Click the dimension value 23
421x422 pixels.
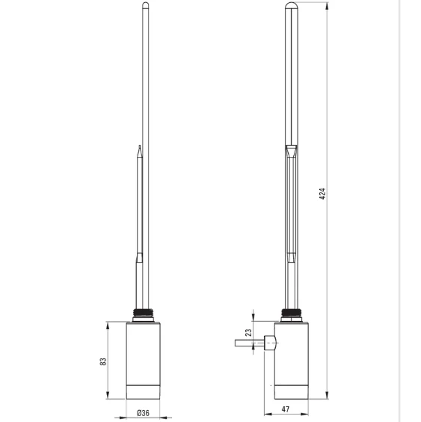click(x=248, y=334)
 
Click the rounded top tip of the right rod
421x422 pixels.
click(x=292, y=7)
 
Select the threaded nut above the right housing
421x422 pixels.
click(x=292, y=314)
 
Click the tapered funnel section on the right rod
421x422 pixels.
click(x=292, y=153)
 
